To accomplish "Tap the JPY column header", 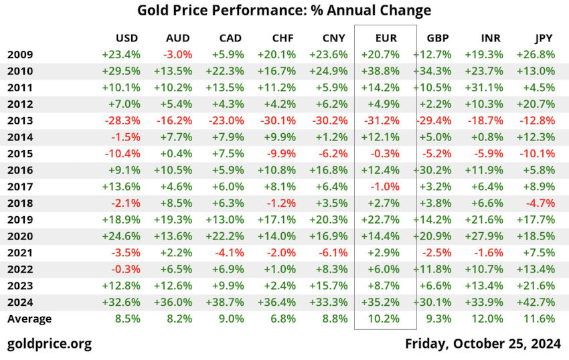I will pyautogui.click(x=543, y=38).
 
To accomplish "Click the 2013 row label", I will pyautogui.click(x=20, y=120).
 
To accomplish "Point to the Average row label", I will pyautogui.click(x=29, y=319).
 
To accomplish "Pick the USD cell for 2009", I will pyautogui.click(x=121, y=55).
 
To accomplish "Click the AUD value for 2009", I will pyautogui.click(x=177, y=55).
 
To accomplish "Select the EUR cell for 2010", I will pyautogui.click(x=380, y=71).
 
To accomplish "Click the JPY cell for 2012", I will pyautogui.click(x=536, y=104).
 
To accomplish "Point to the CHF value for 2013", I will pyautogui.click(x=275, y=120).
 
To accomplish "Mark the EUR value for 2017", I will pyautogui.click(x=385, y=187).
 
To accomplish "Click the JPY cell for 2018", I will pyautogui.click(x=540, y=203).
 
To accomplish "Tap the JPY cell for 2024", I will pyautogui.click(x=536, y=302).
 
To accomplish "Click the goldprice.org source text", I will pyautogui.click(x=49, y=344).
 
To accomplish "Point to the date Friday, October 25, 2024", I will pyautogui.click(x=483, y=344).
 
